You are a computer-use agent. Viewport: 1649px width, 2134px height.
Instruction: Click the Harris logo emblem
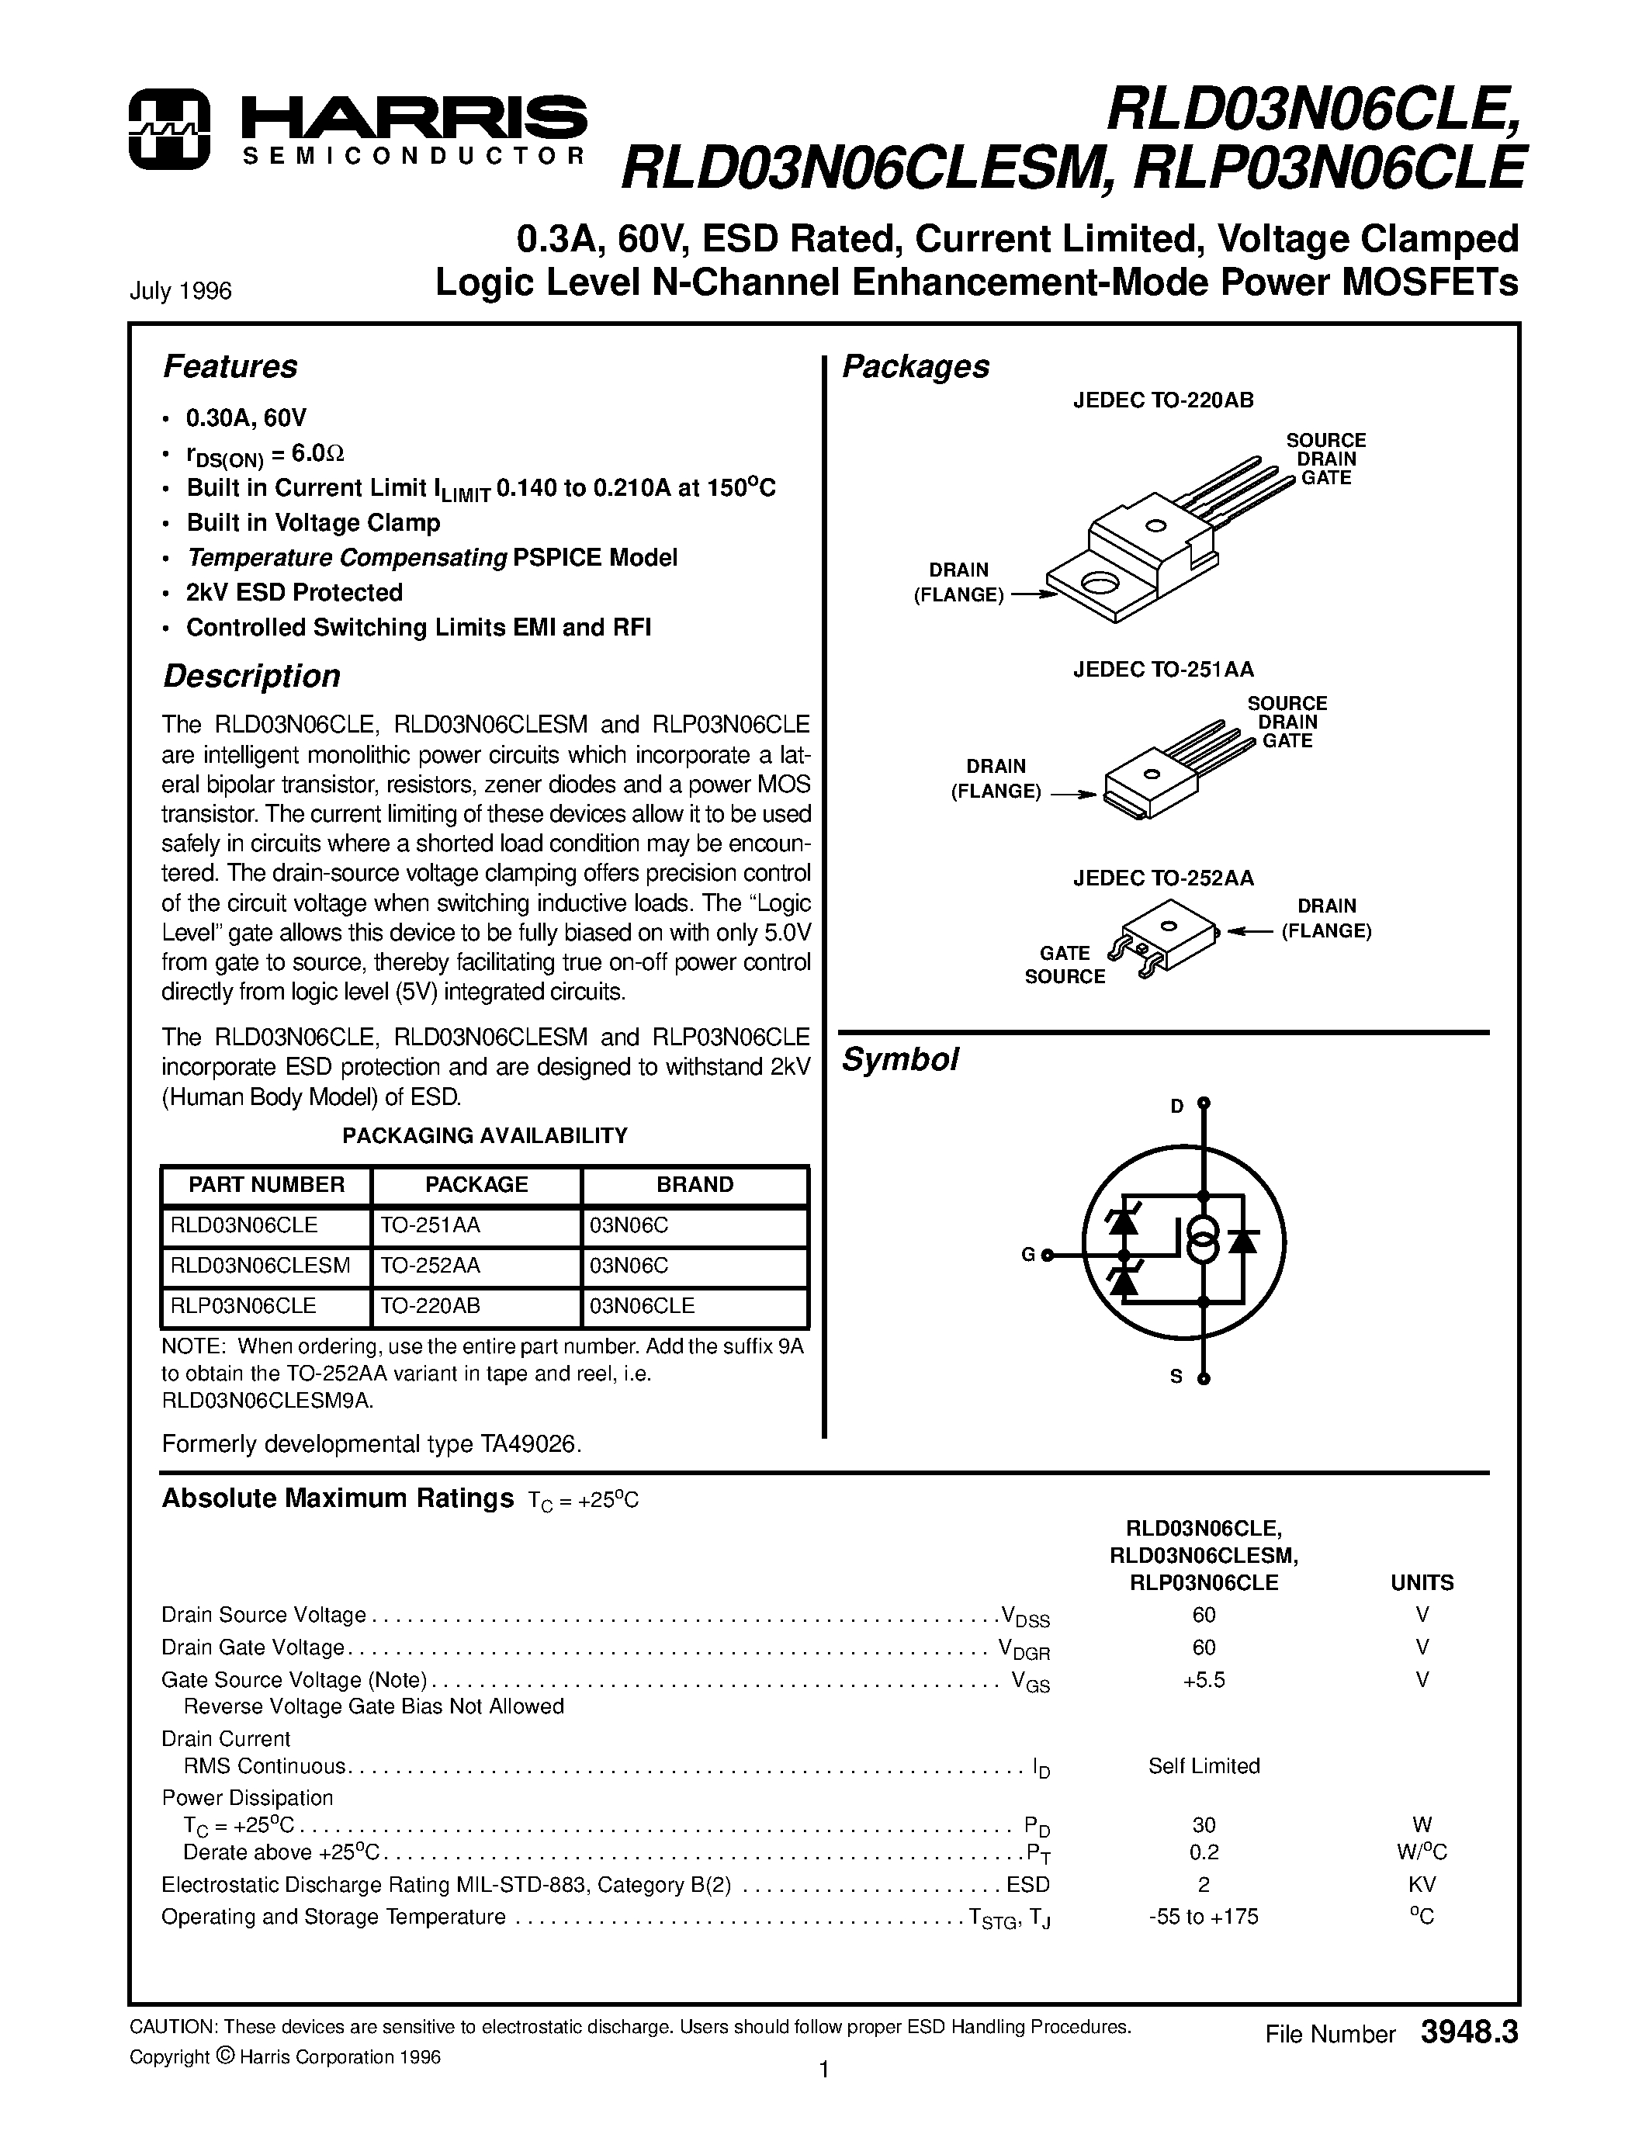click(169, 129)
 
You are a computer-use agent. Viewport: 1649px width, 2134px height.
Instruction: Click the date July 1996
click(181, 291)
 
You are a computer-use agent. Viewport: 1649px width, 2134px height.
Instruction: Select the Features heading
click(230, 366)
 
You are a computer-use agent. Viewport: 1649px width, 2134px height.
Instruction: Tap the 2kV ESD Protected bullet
click(294, 592)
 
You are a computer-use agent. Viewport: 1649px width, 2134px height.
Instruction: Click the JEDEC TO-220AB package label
click(1162, 400)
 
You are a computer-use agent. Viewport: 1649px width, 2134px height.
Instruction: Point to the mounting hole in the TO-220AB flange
click(1100, 584)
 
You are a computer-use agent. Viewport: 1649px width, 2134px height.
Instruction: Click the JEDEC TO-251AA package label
click(1162, 670)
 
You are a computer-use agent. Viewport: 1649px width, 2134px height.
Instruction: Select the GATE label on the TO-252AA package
click(1064, 953)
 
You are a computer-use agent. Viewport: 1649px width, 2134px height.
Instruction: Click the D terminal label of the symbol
click(1177, 1106)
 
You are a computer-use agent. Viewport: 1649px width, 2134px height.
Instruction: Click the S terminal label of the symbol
click(1176, 1377)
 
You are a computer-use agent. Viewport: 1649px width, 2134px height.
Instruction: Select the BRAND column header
click(695, 1184)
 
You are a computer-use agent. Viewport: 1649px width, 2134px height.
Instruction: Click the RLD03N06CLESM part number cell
click(260, 1266)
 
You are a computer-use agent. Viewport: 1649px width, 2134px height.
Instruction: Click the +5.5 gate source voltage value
click(1204, 1679)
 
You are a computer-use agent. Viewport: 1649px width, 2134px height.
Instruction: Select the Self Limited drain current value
click(1204, 1765)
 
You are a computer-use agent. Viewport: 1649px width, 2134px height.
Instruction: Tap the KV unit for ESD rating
click(1422, 1884)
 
